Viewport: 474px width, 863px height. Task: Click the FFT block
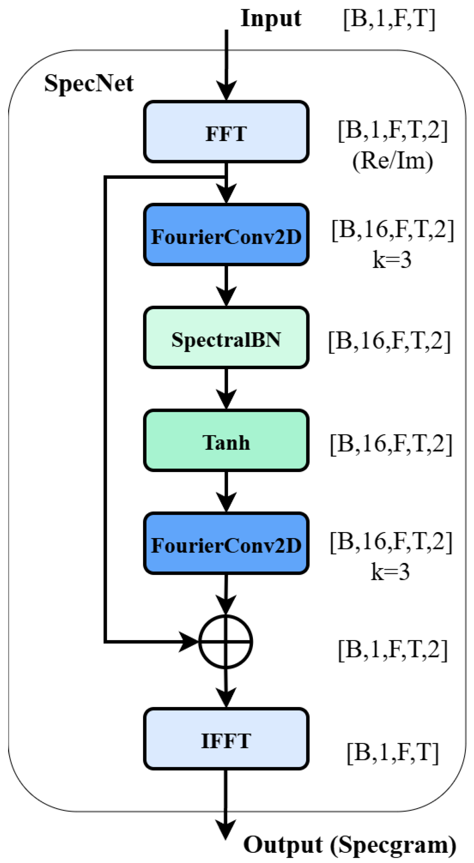click(x=226, y=132)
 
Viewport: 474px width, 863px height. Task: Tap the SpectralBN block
click(x=226, y=338)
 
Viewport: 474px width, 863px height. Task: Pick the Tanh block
click(x=226, y=441)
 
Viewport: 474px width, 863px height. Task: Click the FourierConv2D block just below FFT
click(x=226, y=235)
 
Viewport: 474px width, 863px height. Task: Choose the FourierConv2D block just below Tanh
click(x=226, y=543)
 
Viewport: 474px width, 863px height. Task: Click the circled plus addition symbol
click(x=226, y=642)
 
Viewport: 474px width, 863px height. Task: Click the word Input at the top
click(x=271, y=18)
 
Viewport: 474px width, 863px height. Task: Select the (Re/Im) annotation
click(x=393, y=161)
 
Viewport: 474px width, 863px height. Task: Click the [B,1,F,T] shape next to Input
click(x=389, y=19)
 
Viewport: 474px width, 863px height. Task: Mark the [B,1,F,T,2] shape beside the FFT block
click(x=393, y=130)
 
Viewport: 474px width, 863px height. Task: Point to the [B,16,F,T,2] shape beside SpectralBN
click(x=389, y=341)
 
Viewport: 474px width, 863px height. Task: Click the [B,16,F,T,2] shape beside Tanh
click(x=391, y=444)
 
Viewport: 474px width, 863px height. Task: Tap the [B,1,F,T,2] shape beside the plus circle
click(x=393, y=650)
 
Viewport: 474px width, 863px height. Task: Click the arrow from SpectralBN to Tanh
click(x=226, y=389)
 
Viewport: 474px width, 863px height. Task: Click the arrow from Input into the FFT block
click(x=226, y=65)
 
